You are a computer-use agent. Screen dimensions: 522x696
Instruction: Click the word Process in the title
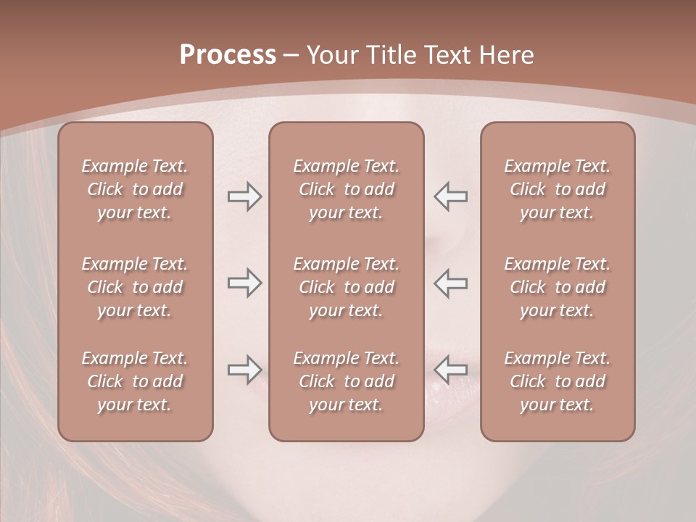[x=228, y=55]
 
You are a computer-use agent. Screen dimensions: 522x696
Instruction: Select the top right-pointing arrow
[x=244, y=196]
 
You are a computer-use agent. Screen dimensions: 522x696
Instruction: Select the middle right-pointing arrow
[x=244, y=283]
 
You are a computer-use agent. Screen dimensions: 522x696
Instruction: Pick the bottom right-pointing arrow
[x=244, y=370]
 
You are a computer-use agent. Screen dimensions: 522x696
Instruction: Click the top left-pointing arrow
[x=450, y=196]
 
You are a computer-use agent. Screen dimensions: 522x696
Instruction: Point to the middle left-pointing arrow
[x=450, y=283]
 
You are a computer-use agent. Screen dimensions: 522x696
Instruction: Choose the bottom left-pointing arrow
[x=450, y=370]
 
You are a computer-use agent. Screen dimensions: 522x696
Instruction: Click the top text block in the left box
[x=135, y=189]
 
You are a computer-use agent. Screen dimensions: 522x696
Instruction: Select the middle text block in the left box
[x=135, y=287]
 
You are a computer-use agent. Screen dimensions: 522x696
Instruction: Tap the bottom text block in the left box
[x=135, y=381]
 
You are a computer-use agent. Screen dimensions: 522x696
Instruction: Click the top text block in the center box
[x=346, y=189]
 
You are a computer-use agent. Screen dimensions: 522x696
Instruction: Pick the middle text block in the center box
[x=346, y=287]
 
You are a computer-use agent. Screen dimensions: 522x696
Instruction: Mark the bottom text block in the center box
[x=346, y=381]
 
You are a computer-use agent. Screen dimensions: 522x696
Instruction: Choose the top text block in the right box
[x=557, y=189]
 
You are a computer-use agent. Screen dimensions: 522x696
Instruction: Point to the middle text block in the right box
[x=557, y=287]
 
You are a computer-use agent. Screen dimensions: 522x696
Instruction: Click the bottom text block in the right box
[x=557, y=381]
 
